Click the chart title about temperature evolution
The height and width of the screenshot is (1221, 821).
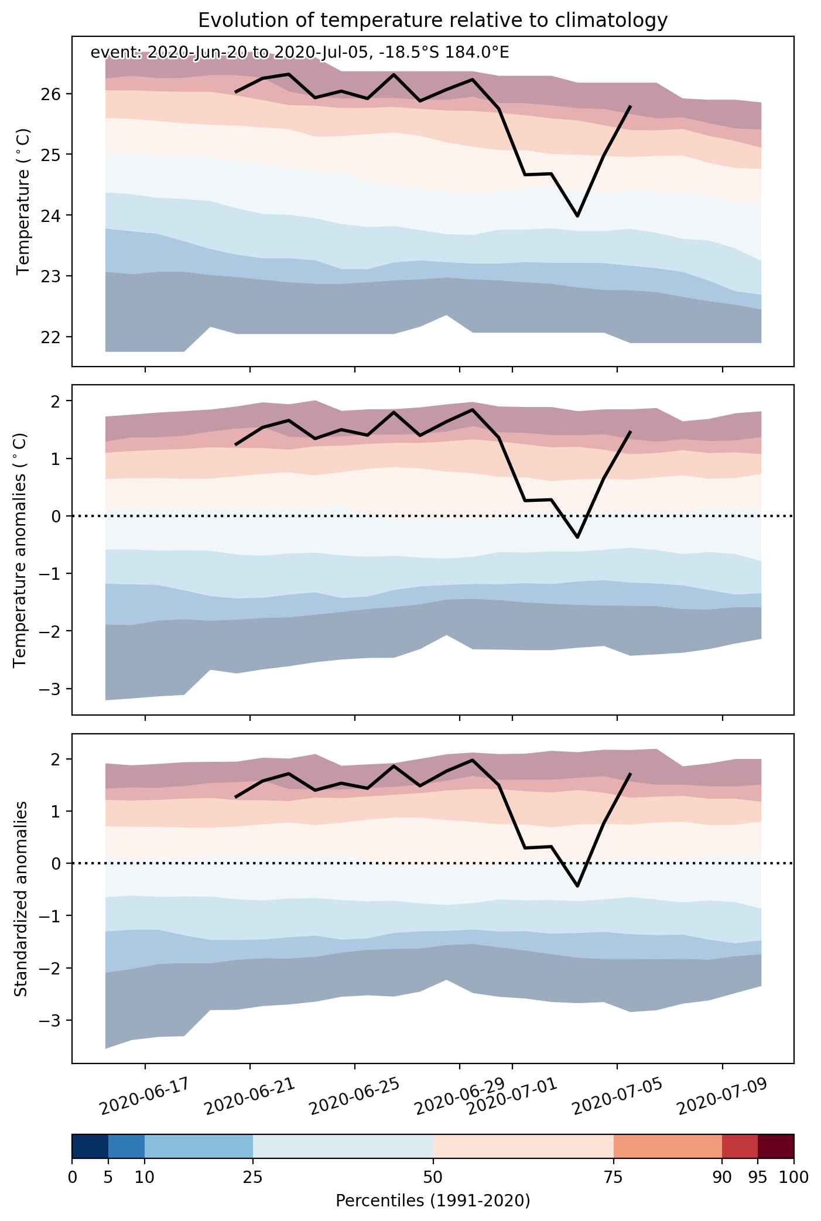tap(433, 20)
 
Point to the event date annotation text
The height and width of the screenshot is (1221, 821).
tap(299, 53)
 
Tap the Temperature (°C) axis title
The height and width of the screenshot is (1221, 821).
tap(23, 201)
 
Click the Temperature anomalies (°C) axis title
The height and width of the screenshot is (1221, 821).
tap(20, 549)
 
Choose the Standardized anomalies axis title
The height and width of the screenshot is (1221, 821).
tap(20, 898)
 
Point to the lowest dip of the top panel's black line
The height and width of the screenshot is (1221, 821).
tap(577, 216)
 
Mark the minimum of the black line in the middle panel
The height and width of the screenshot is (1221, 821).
tap(577, 537)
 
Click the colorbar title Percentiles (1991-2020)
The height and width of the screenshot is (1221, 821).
tap(433, 1201)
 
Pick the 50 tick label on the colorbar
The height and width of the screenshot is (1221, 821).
tap(433, 1177)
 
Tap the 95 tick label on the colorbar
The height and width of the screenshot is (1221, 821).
tap(758, 1177)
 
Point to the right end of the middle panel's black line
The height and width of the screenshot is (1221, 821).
tap(630, 432)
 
